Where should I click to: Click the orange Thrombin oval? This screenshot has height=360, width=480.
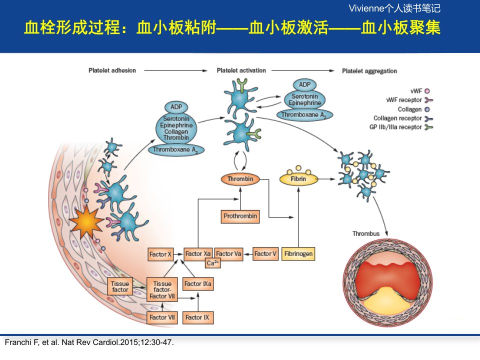point(240,179)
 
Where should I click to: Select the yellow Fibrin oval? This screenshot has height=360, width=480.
point(298,179)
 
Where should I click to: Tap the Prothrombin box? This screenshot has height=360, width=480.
point(240,216)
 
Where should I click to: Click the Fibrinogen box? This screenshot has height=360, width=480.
point(298,254)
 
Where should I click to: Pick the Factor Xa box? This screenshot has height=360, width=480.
point(198,254)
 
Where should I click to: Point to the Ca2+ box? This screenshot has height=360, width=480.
point(213,263)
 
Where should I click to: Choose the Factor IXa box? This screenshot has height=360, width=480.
point(198,284)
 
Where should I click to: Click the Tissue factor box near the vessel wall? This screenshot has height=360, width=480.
point(120,286)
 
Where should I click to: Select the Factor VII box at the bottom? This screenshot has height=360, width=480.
point(162,317)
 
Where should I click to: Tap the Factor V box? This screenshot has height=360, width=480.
point(265,254)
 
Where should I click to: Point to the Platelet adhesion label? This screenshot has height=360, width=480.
point(112,70)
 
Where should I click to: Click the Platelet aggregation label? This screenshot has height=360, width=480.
point(369,71)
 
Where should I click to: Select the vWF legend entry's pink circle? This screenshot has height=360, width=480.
point(427,91)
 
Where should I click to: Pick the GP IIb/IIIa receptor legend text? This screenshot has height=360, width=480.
point(395,127)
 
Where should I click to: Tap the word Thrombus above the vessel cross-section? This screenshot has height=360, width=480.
point(366,234)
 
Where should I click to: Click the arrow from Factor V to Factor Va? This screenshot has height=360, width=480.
point(247,254)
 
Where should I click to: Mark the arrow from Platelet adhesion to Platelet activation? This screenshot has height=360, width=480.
point(175,70)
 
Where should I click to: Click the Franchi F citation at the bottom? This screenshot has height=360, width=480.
point(89,342)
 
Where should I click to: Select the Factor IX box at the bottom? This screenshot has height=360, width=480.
point(198,317)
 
